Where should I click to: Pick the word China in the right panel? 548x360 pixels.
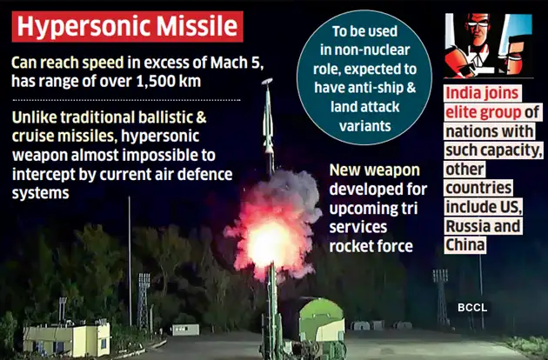467,245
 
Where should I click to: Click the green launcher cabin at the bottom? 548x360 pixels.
320,324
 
